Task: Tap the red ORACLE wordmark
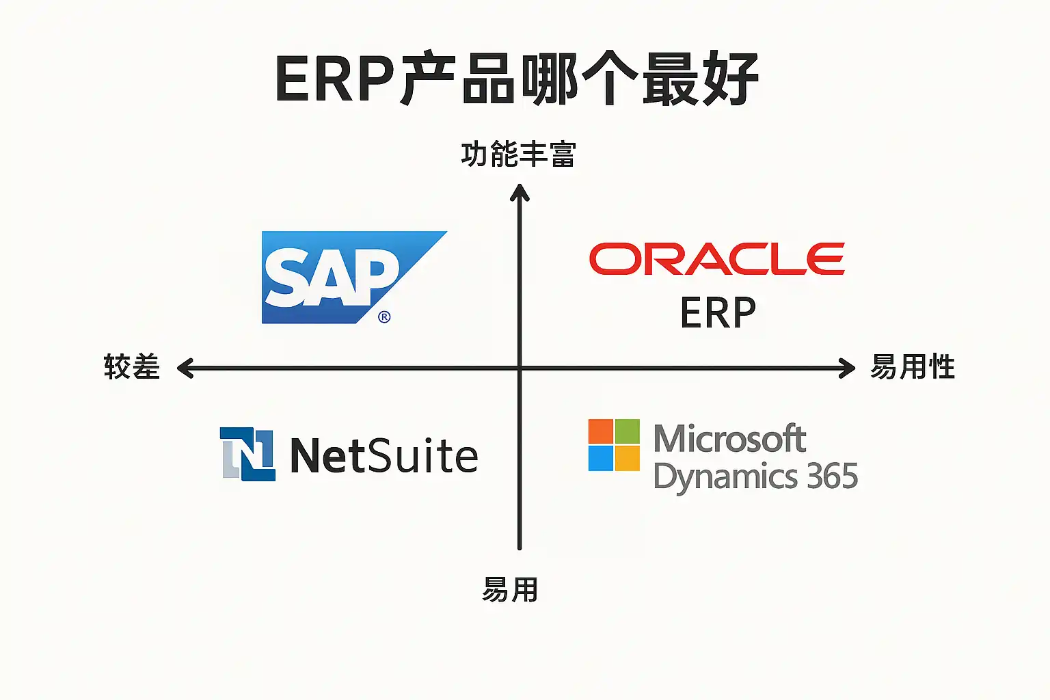point(716,259)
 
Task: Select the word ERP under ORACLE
point(718,313)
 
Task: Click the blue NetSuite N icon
point(247,454)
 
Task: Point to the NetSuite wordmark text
point(384,456)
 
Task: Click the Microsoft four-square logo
point(614,445)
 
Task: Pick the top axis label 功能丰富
point(518,154)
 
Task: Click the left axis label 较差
point(132,367)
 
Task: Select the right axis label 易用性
point(912,367)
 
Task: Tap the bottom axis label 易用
point(510,589)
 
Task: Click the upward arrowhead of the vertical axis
point(520,192)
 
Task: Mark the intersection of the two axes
point(520,368)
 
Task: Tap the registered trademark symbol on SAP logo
point(384,317)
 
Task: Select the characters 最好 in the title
point(700,79)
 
